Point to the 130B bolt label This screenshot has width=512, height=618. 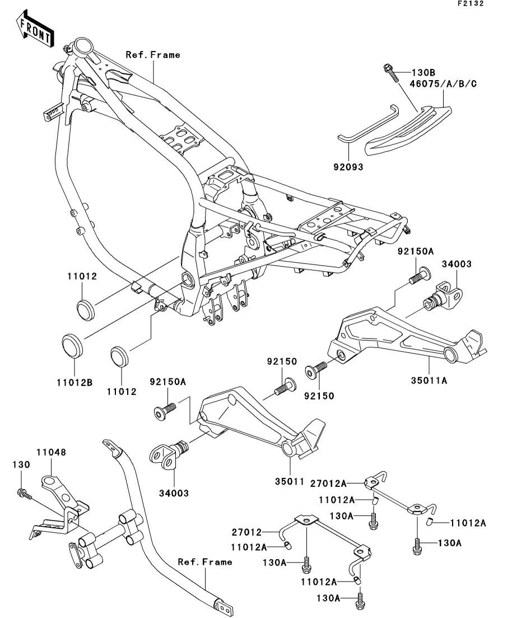coord(423,72)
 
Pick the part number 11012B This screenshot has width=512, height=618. coord(73,383)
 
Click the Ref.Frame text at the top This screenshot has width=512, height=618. coord(153,55)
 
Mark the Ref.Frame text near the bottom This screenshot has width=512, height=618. coord(204,561)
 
